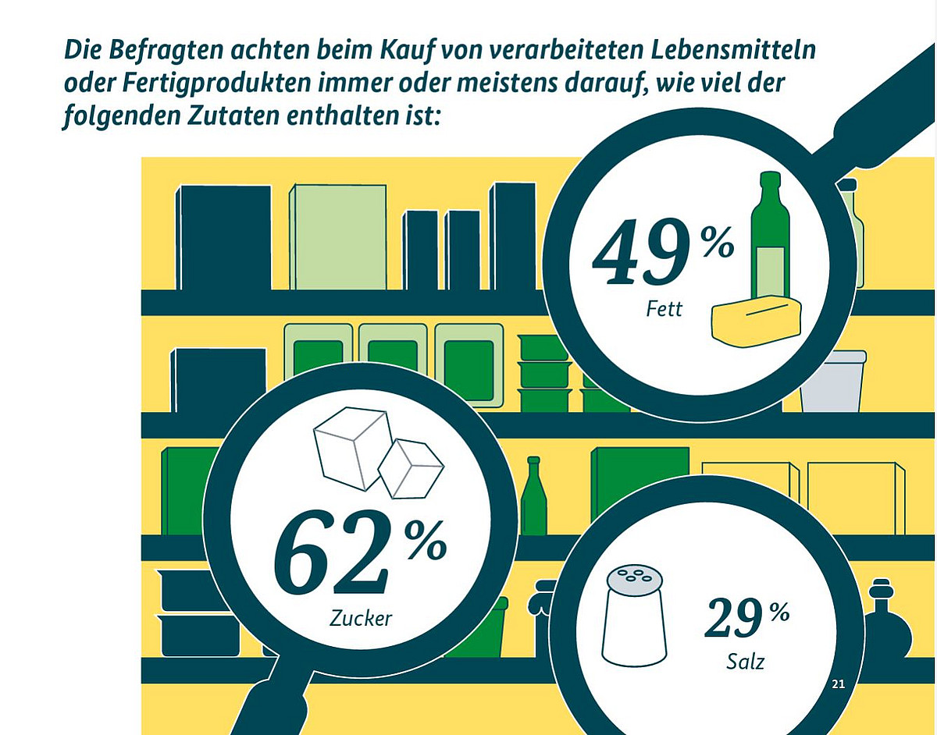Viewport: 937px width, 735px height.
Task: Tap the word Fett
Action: point(664,310)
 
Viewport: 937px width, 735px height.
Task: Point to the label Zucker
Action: point(361,619)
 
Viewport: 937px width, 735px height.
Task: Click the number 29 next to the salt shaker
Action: point(734,620)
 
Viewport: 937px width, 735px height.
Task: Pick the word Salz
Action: point(746,662)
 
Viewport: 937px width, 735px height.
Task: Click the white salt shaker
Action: point(632,617)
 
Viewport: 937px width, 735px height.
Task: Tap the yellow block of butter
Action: point(756,321)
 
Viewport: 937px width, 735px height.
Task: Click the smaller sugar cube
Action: point(411,467)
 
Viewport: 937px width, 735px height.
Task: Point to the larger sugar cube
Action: point(351,449)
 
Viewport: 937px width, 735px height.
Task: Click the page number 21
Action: point(839,684)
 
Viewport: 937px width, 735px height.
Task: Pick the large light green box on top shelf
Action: point(338,237)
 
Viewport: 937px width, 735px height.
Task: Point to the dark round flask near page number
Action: point(886,623)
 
